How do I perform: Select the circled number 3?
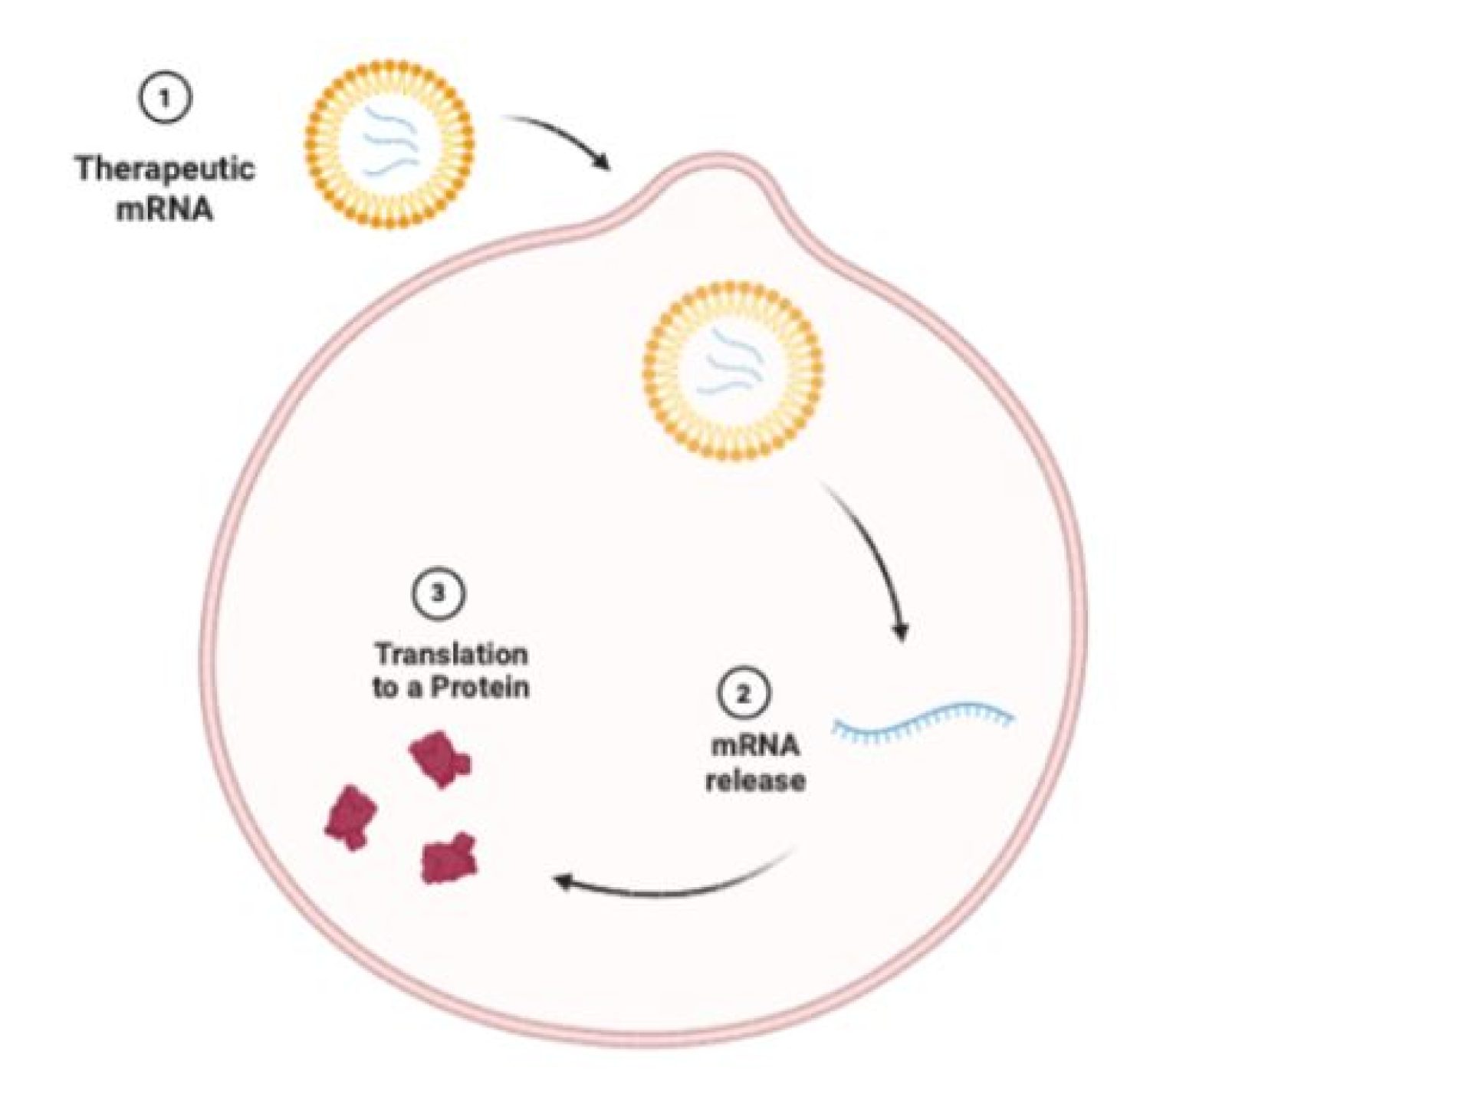click(x=439, y=593)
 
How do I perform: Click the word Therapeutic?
click(x=165, y=168)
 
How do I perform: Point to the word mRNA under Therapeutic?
click(x=165, y=208)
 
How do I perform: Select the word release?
click(x=755, y=780)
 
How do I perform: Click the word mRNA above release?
click(x=754, y=744)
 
